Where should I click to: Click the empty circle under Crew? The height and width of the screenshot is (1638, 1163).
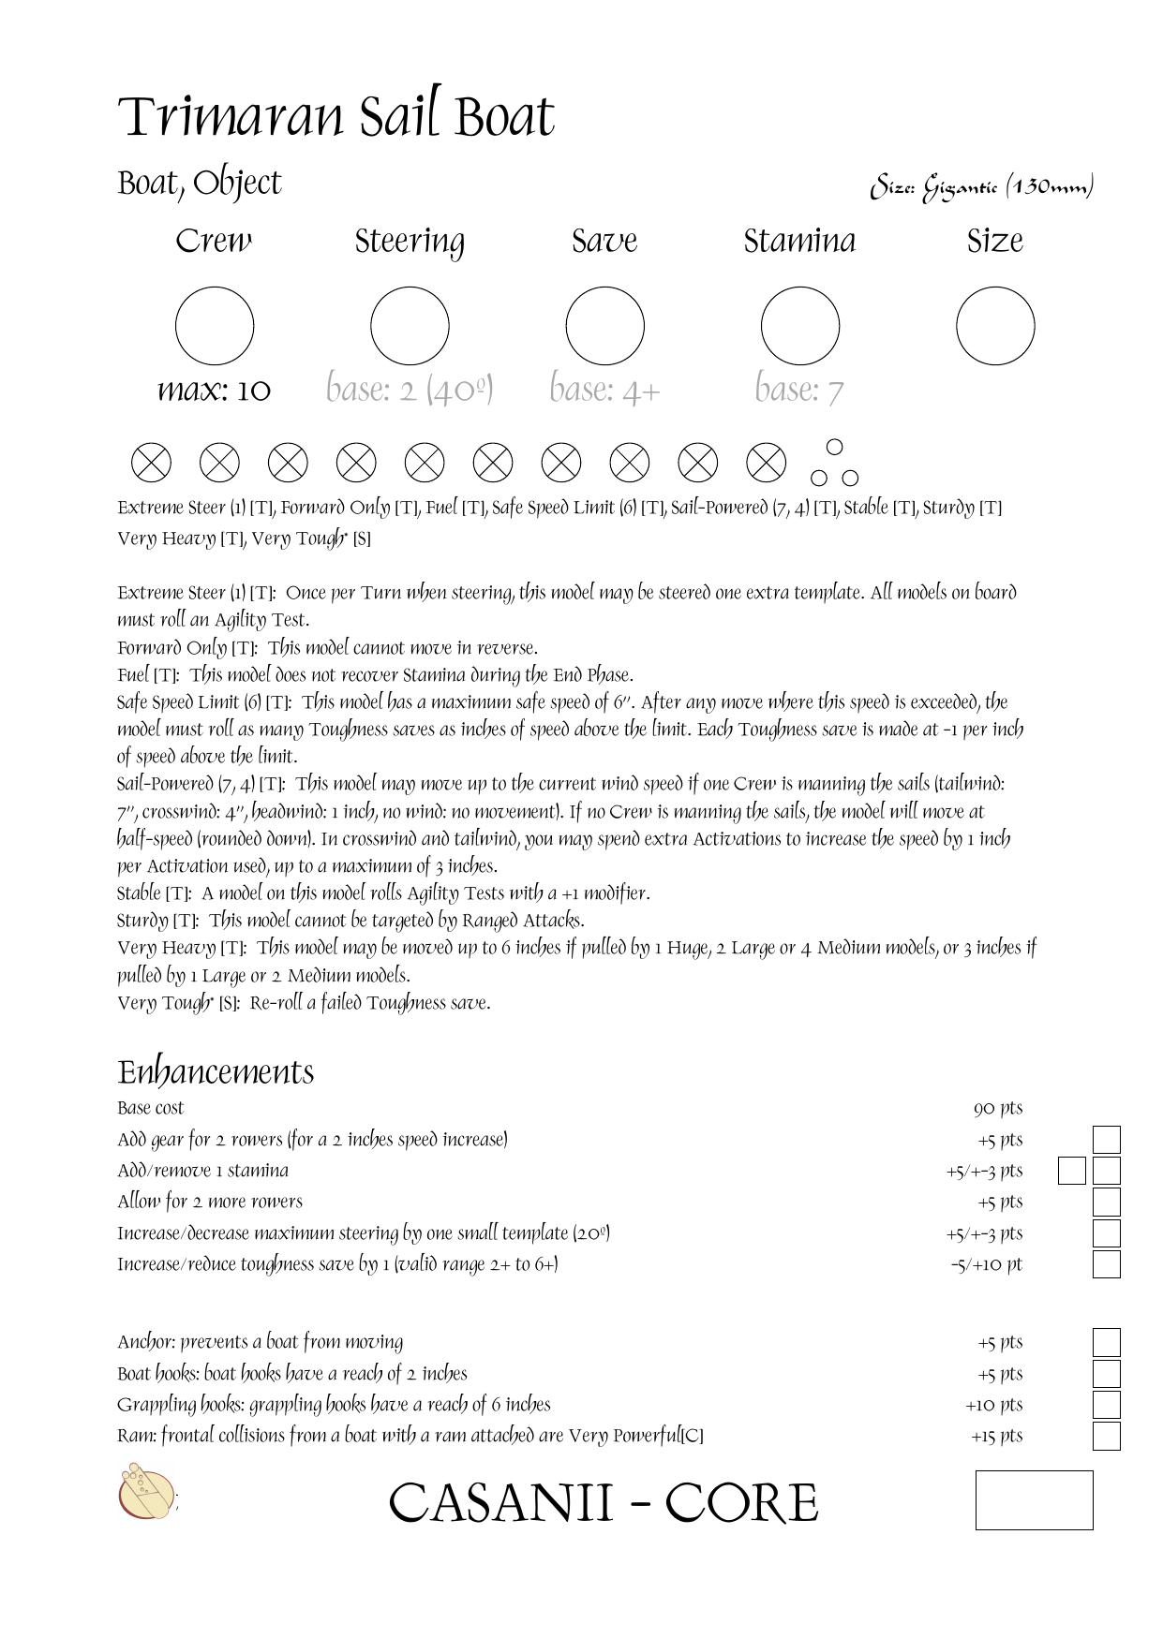pyautogui.click(x=215, y=326)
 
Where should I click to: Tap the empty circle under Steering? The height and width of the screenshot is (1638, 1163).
pyautogui.click(x=410, y=326)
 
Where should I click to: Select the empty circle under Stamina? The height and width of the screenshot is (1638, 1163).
pyautogui.click(x=799, y=326)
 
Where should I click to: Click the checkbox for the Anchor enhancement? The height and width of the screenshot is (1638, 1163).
pyautogui.click(x=1107, y=1342)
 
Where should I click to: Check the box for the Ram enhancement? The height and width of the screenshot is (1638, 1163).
pyautogui.click(x=1107, y=1436)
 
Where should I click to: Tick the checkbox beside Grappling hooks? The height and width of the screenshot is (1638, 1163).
pyautogui.click(x=1107, y=1405)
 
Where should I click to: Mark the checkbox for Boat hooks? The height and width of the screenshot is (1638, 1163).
pyautogui.click(x=1107, y=1374)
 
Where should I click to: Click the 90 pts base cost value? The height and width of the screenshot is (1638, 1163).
pyautogui.click(x=998, y=1109)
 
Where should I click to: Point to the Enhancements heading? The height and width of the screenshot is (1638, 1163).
pyautogui.click(x=216, y=1072)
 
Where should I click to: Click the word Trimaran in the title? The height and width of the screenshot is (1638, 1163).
pyautogui.click(x=231, y=118)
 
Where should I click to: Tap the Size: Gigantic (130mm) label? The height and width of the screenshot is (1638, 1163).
pyautogui.click(x=981, y=187)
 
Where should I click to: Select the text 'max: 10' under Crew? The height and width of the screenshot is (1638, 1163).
pyautogui.click(x=214, y=390)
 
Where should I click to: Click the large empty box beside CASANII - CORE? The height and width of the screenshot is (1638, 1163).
pyautogui.click(x=1034, y=1499)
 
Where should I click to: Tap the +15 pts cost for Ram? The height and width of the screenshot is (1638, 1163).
pyautogui.click(x=996, y=1437)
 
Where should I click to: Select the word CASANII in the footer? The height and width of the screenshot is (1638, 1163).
pyautogui.click(x=500, y=1503)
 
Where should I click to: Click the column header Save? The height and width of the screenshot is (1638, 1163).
pyautogui.click(x=604, y=242)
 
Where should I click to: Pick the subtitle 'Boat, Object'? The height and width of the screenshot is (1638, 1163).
pyautogui.click(x=200, y=184)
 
